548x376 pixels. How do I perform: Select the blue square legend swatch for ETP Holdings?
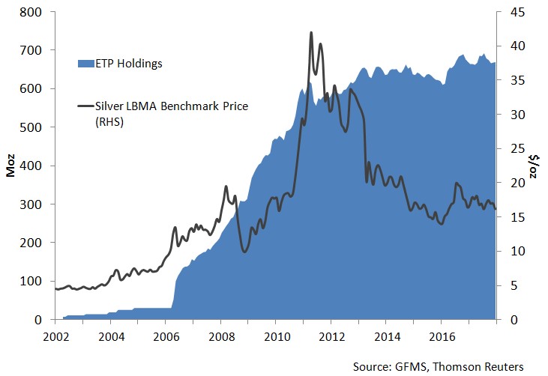[x=82, y=64]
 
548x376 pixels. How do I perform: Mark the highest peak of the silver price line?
[x=310, y=33]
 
